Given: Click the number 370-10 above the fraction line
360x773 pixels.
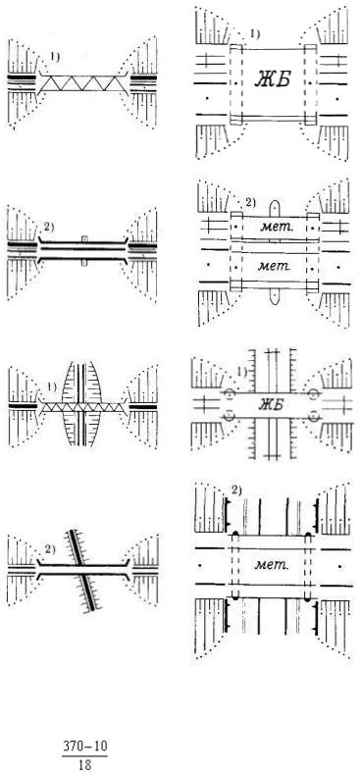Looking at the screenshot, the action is pos(84,747).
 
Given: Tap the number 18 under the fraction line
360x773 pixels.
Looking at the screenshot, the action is pos(84,766).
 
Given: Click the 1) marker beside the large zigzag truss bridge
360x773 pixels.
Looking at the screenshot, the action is pos(54,57).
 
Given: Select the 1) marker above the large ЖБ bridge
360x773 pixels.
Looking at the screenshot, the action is pos(254,34).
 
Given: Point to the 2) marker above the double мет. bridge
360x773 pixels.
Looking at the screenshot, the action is pos(250,203).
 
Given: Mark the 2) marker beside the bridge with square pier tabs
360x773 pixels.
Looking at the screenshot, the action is pos(49,227).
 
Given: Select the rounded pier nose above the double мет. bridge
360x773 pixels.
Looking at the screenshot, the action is pos(275,208).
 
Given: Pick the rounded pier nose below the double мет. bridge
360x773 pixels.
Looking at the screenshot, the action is pos(275,295).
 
